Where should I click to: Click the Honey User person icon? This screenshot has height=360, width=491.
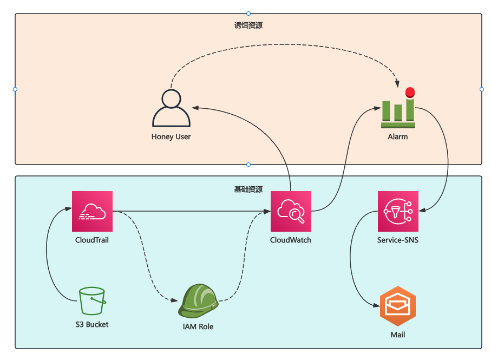171,108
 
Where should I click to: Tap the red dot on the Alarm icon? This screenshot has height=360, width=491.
410,91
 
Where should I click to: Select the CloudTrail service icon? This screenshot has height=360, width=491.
92,211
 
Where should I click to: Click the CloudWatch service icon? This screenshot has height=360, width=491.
291,211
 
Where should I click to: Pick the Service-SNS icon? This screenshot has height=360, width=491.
397,211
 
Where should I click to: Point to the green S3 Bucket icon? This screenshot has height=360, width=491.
92,301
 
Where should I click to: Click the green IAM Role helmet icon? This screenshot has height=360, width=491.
198,301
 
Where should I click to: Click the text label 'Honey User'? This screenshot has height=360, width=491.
171,137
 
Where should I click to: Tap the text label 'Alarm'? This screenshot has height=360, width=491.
397,137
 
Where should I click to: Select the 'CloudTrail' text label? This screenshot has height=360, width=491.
92,240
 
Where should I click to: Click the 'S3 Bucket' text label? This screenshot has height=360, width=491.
92,325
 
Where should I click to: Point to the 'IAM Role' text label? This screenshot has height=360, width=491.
198,327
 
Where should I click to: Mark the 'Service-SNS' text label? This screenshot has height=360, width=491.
397,240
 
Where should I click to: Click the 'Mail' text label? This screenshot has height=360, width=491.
397,335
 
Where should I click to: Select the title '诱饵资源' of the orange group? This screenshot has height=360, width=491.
248,25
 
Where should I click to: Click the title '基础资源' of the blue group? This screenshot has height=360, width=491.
248,189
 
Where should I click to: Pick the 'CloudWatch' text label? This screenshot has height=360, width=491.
291,240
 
